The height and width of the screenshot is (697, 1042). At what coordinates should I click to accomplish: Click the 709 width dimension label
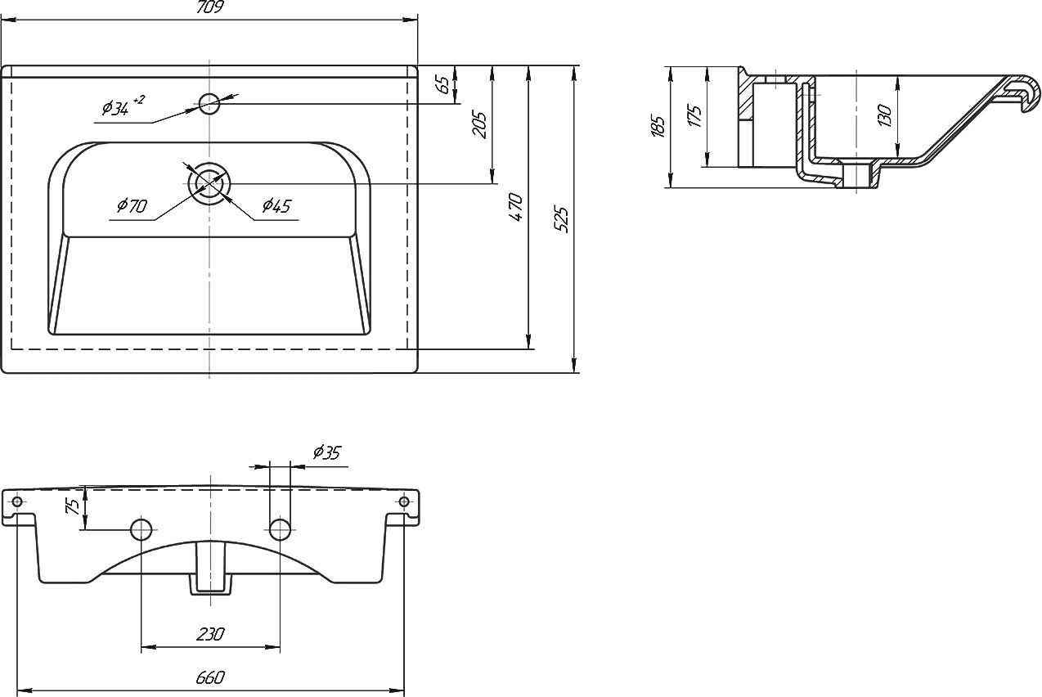210,7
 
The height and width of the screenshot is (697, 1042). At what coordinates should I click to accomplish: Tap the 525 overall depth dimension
562,218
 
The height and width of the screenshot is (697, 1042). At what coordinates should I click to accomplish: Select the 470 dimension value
516,207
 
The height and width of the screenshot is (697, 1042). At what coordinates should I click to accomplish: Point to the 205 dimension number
479,124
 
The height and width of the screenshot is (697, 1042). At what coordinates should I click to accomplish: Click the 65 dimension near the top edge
444,84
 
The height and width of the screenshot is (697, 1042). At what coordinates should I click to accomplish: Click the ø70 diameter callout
132,205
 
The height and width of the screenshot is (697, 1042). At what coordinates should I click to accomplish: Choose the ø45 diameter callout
276,205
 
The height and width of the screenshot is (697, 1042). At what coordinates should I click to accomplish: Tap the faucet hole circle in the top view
209,104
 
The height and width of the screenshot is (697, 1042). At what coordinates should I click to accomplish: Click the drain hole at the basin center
209,184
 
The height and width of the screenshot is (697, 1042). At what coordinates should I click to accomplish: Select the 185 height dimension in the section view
658,125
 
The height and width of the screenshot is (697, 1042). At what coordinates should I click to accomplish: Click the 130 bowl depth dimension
884,115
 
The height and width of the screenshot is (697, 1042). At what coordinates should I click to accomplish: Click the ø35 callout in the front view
326,452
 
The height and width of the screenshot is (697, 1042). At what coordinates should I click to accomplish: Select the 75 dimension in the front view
74,506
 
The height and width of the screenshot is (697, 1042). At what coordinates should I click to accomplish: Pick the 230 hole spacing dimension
210,634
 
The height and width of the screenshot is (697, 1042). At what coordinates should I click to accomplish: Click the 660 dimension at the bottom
210,677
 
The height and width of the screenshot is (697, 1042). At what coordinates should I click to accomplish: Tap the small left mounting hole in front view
16,501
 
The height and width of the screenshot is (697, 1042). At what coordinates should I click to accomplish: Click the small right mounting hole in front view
404,501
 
